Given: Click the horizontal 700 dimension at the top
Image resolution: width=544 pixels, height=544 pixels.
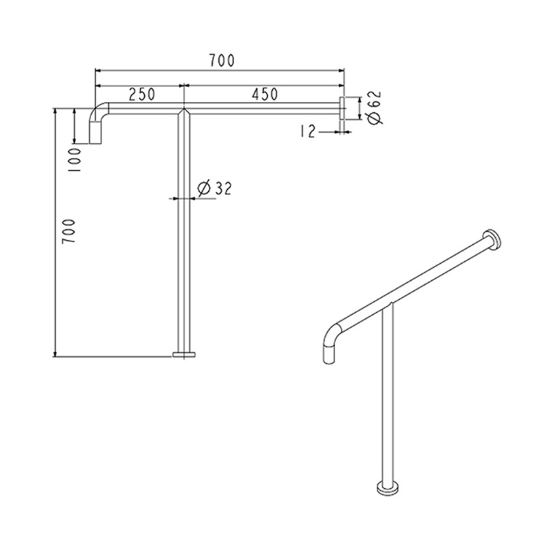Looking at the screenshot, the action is (222, 61).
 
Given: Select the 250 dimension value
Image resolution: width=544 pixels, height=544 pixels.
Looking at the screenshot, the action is (142, 94).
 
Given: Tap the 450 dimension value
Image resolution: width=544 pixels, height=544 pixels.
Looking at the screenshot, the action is (265, 94).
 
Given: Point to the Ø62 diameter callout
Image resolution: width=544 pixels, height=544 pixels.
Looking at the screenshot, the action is (375, 107).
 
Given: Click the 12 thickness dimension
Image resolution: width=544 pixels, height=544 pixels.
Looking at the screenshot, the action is (307, 132).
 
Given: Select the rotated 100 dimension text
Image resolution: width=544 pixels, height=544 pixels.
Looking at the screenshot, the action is (74, 160).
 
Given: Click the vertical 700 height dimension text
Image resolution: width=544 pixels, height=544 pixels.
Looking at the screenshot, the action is (69, 231).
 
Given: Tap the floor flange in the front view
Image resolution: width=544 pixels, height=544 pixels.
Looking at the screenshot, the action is (184, 354).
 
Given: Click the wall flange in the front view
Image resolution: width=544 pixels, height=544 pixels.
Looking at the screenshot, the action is (341, 109).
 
